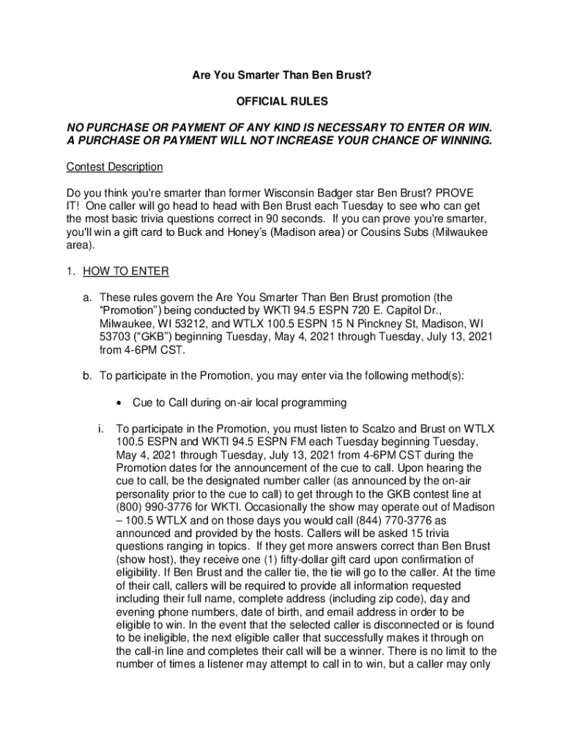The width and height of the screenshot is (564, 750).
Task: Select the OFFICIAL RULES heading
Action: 282,100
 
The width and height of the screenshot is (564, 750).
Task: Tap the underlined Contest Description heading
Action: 114,167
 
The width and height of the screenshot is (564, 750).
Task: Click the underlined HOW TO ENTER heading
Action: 126,272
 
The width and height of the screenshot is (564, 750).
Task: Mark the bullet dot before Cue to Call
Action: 119,403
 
